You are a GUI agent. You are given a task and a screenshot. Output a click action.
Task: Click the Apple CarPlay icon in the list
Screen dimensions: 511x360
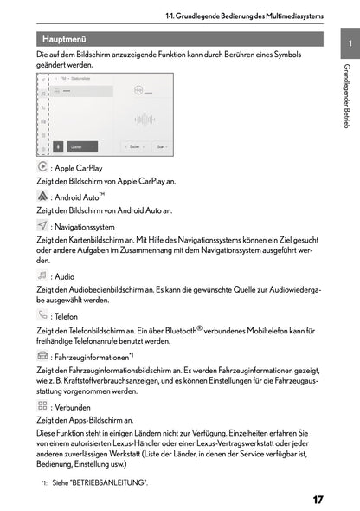tap(43, 167)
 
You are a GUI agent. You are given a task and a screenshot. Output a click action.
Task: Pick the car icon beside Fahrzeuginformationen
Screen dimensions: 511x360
tap(43, 355)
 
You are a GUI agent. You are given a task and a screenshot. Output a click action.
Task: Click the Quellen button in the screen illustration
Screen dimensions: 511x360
tap(75, 146)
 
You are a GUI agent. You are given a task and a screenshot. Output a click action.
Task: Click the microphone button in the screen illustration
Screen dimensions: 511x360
tap(58, 146)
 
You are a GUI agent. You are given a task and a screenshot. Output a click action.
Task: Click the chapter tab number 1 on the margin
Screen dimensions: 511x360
tap(347, 44)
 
